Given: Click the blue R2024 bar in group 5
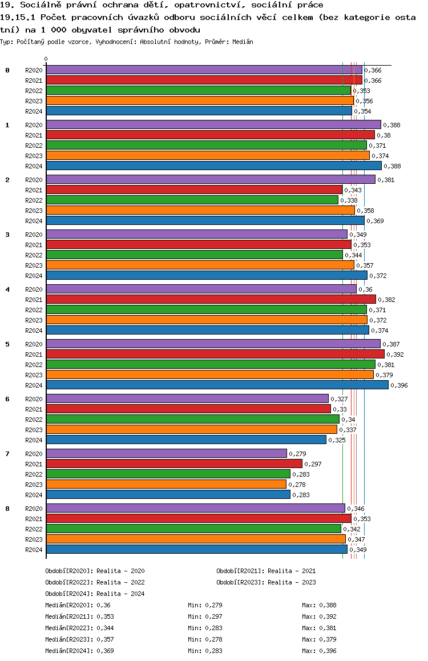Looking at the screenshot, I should pyautogui.click(x=217, y=385).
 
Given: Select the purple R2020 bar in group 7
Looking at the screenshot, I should pyautogui.click(x=166, y=453).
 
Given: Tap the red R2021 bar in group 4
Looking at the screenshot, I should pyautogui.click(x=211, y=299).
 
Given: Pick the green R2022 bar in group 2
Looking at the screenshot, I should pyautogui.click(x=192, y=200).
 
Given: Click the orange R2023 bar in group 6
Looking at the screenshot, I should pyautogui.click(x=191, y=429).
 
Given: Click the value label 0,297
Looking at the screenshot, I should pyautogui.click(x=313, y=464).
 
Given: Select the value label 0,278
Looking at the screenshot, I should pyautogui.click(x=297, y=485).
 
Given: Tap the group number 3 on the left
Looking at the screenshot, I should pyautogui.click(x=7, y=235).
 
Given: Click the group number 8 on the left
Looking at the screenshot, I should pyautogui.click(x=7, y=509).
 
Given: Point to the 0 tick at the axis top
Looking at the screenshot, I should pyautogui.click(x=46, y=59).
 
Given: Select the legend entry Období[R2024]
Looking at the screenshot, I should pyautogui.click(x=69, y=594).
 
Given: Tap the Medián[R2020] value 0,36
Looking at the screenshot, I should pyautogui.click(x=103, y=605).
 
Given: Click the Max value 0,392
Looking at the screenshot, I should pyautogui.click(x=328, y=616).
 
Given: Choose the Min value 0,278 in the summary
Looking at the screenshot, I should pyautogui.click(x=213, y=639).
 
